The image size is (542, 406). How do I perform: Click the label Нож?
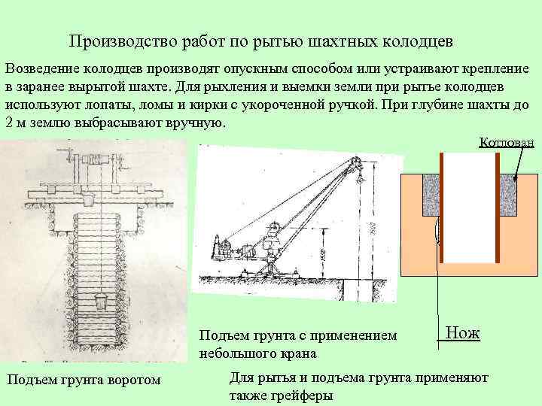coord(462,332)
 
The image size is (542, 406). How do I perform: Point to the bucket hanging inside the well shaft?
coord(100,304)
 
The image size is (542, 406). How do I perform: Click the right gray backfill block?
coord(509,195)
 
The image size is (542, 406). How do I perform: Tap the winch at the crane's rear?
coord(224,245)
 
